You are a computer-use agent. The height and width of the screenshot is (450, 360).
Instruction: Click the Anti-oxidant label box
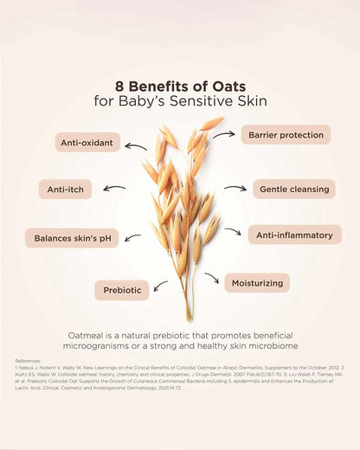pyautogui.click(x=87, y=142)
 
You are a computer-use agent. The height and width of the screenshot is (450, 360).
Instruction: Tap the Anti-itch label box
pyautogui.click(x=65, y=189)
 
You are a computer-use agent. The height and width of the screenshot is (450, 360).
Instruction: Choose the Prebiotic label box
pyautogui.click(x=122, y=290)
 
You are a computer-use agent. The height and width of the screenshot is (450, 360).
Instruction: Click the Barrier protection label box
pyautogui.click(x=285, y=134)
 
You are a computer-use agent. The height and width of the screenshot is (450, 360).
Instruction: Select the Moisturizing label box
pyautogui.click(x=256, y=282)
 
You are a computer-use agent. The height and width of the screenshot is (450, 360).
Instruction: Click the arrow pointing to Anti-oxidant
pyautogui.click(x=135, y=146)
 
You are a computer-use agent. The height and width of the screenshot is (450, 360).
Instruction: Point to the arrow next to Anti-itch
pyautogui.click(x=113, y=187)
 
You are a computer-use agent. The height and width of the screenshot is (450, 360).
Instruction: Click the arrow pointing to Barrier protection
pyautogui.click(x=224, y=135)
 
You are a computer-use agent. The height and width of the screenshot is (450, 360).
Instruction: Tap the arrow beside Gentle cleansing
pyautogui.click(x=235, y=188)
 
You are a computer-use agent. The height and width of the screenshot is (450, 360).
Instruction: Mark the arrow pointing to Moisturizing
pyautogui.click(x=211, y=278)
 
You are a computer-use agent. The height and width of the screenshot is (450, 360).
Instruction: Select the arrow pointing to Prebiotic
pyautogui.click(x=161, y=285)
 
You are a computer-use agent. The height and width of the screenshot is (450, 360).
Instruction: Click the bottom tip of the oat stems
pyautogui.click(x=188, y=319)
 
